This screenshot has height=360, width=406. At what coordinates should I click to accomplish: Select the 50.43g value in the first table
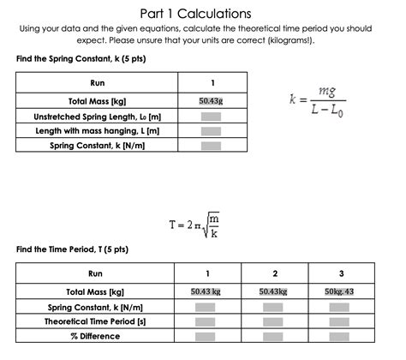(211, 100)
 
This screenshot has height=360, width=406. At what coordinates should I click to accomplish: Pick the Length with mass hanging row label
(97, 130)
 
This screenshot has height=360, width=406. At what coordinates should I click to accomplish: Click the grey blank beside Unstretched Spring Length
(211, 116)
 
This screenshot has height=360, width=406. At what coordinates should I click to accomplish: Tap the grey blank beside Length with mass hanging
(211, 130)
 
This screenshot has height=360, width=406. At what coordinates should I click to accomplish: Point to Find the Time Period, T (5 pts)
(72, 250)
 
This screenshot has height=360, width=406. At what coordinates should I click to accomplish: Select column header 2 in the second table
(274, 273)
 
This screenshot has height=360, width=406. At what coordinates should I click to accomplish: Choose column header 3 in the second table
(340, 273)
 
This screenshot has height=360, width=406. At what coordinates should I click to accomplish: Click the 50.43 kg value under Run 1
(205, 291)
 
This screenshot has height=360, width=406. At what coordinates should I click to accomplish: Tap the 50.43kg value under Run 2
(274, 291)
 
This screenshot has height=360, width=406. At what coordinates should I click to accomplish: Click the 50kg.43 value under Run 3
(340, 291)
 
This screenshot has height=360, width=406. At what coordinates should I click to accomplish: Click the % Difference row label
(95, 336)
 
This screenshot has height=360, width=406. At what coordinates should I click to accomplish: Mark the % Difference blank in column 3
(340, 336)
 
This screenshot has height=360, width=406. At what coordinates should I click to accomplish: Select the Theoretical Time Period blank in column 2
(274, 321)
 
